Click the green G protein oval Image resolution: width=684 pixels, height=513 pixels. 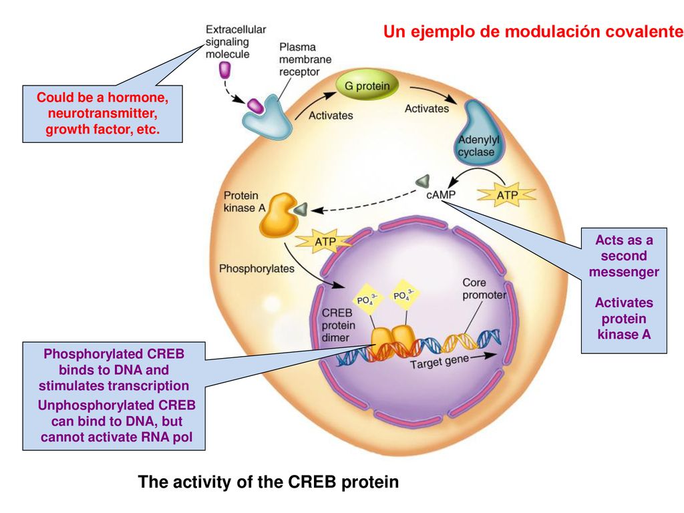(367, 85)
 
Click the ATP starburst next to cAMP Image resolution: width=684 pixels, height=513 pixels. (507, 195)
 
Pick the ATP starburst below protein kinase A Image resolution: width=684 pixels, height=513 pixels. (325, 242)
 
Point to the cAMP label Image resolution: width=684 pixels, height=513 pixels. (441, 194)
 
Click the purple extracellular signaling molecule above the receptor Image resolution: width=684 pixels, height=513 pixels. (224, 69)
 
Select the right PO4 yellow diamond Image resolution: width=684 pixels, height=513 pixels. (403, 295)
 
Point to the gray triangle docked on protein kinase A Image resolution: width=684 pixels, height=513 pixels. (301, 209)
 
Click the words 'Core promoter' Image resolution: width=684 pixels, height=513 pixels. (484, 289)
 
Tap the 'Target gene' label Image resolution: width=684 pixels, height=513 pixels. (440, 361)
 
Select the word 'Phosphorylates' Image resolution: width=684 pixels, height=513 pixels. (256, 269)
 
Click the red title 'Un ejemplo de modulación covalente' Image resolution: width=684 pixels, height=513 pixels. (533, 31)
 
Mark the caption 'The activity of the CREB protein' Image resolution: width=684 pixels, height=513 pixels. (269, 482)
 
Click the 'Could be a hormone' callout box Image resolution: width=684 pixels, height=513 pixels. (102, 114)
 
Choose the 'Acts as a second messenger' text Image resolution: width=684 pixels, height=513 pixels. (624, 256)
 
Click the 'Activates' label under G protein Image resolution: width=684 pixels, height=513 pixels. (331, 116)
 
